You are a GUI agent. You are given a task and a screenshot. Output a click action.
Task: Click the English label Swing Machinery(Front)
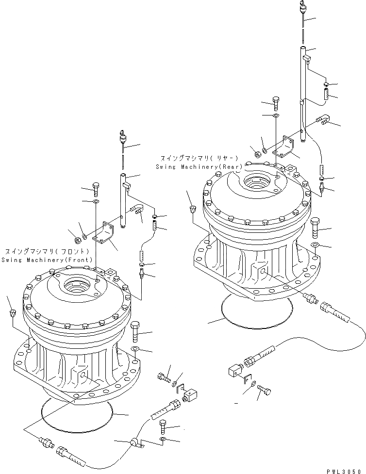pyautogui.click(x=47, y=260)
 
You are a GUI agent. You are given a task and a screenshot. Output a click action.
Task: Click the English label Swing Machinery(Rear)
pyautogui.click(x=199, y=166)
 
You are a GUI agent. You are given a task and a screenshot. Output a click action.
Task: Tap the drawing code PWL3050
pyautogui.click(x=344, y=469)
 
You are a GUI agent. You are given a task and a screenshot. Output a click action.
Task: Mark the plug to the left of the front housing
pyautogui.click(x=11, y=312)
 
